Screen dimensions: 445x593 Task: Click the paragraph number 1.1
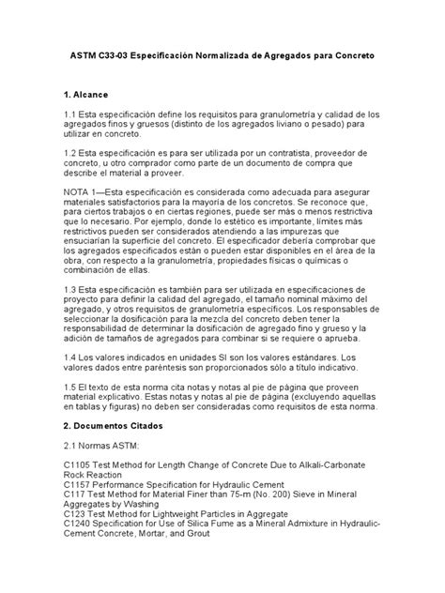72,116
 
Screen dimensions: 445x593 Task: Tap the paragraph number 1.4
72,357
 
